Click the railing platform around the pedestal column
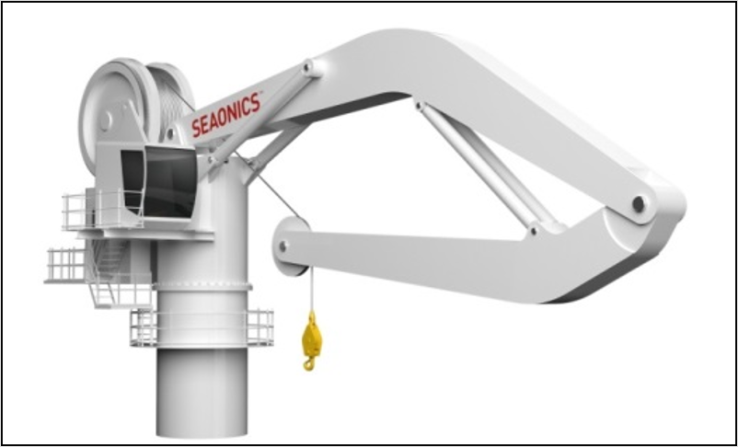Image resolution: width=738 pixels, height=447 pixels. tap(202, 327)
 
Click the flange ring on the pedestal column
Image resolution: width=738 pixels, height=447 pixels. tap(202, 288)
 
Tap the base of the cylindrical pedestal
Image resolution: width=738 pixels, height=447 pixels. tap(202, 423)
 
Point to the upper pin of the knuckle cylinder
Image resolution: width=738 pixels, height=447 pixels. tap(420, 107)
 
